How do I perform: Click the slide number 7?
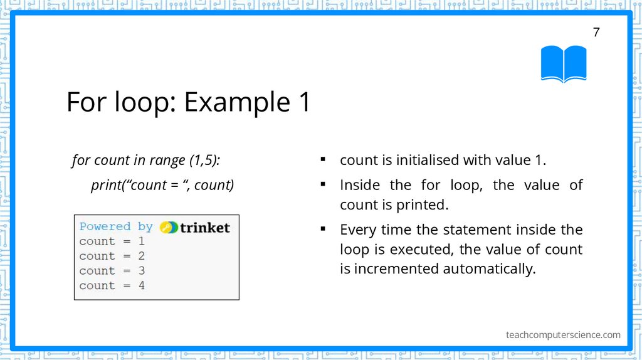tap(596, 33)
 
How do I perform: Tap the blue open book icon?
tap(564, 64)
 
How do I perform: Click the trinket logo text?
tap(204, 227)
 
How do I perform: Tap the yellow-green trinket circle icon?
tap(169, 227)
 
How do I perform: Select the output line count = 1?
tap(112, 241)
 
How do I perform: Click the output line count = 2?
tap(112, 256)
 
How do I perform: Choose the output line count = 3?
tap(112, 271)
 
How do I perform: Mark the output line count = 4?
tap(112, 285)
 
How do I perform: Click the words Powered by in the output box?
tap(116, 226)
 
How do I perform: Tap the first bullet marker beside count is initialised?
tap(322, 159)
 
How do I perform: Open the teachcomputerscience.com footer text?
tap(563, 334)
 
